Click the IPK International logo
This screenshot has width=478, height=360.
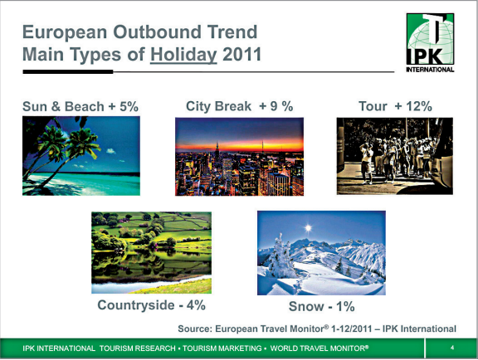(430, 42)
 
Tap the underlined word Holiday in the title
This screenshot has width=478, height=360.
(183, 55)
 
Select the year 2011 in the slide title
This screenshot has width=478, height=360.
(241, 54)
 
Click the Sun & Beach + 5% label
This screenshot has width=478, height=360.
(80, 106)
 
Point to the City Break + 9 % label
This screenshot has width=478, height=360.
(240, 106)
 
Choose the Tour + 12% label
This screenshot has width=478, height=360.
(395, 106)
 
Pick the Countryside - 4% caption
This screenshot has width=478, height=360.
(152, 305)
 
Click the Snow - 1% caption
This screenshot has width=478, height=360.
(322, 306)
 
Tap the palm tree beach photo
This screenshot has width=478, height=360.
(81, 156)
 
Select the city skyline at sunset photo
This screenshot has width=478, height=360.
(239, 157)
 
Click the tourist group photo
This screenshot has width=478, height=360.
(395, 156)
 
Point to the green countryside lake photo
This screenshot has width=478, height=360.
(152, 252)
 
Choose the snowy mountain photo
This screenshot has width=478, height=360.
(321, 253)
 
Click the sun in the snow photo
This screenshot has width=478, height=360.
(308, 228)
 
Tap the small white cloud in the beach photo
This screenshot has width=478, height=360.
(110, 151)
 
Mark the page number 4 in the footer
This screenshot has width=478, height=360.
(452, 348)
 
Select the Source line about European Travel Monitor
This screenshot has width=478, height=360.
(317, 328)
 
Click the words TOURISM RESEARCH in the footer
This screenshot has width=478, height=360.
(138, 348)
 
